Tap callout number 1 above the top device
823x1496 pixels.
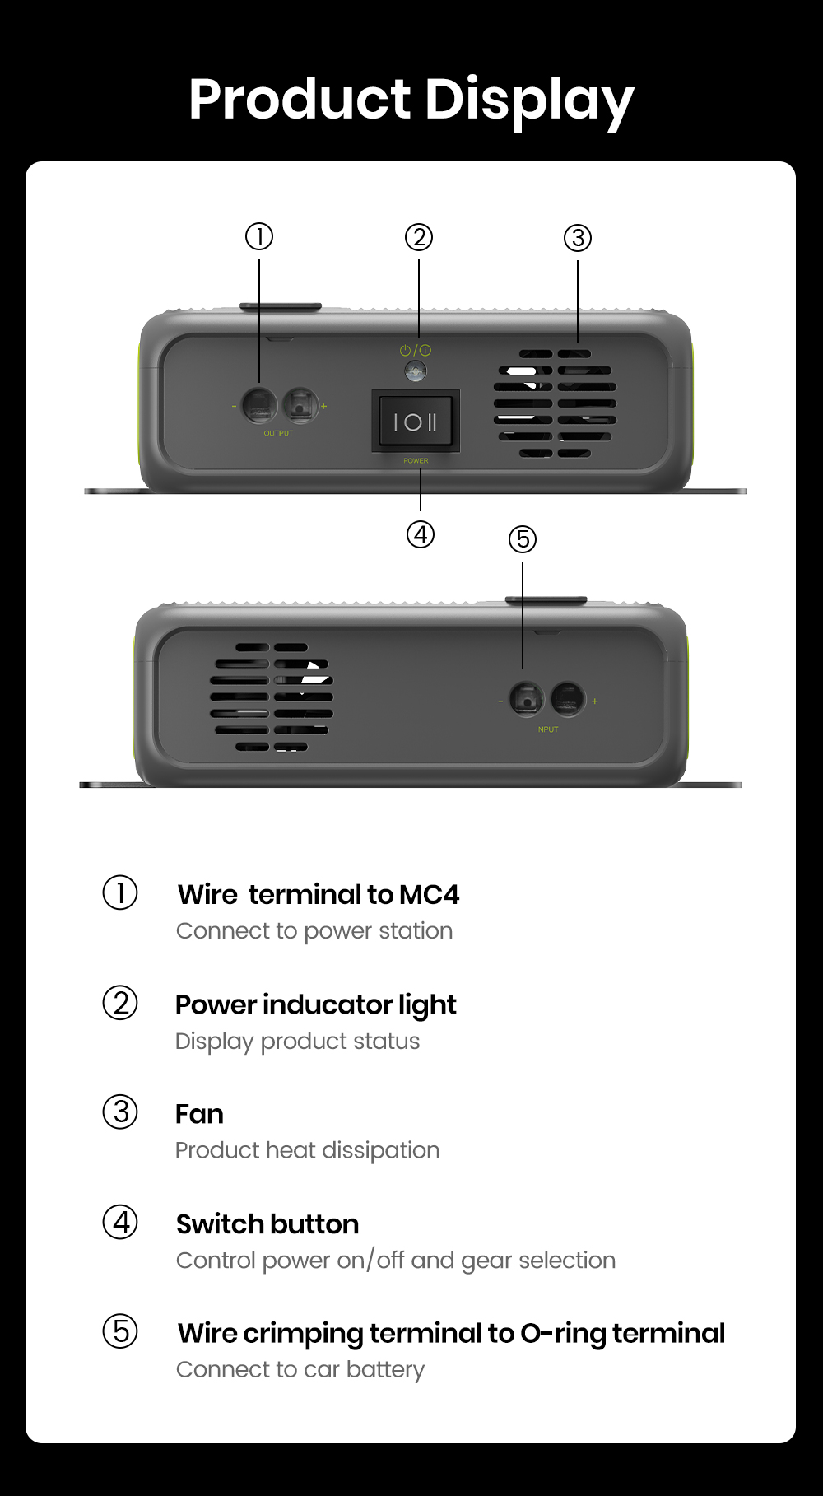coord(259,237)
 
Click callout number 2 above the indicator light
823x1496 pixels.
coord(419,237)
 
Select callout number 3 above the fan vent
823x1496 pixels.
coord(578,238)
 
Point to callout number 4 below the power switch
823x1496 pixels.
coord(421,534)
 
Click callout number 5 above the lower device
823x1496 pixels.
coord(523,539)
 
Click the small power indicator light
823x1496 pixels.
coord(416,371)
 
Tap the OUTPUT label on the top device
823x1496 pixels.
coord(278,433)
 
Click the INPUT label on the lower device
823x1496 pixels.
coord(546,729)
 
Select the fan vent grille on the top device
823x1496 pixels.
coord(556,403)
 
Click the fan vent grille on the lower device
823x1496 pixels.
coord(272,697)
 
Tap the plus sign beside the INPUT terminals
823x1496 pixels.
coord(595,701)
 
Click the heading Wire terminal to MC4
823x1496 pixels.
coord(319,894)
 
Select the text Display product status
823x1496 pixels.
coord(297,1041)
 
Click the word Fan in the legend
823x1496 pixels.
coord(199,1114)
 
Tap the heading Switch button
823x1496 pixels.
coord(267,1224)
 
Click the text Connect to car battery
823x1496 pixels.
coord(300,1369)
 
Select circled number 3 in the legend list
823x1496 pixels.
coord(120,1112)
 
